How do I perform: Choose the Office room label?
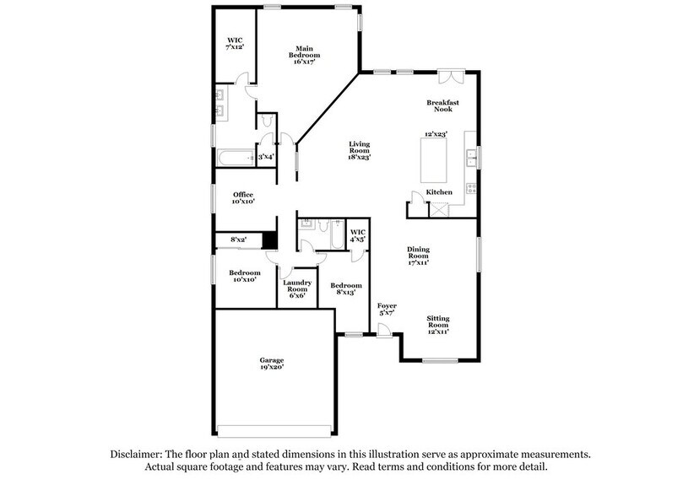(x=243, y=195)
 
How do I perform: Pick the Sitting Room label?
(x=436, y=321)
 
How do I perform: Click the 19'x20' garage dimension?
(x=272, y=369)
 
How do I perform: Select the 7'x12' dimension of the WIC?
(x=235, y=48)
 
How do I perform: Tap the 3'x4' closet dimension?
(x=265, y=157)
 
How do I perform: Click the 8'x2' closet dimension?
(x=239, y=240)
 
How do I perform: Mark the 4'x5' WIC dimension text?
(x=357, y=239)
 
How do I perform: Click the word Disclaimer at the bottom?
(x=141, y=453)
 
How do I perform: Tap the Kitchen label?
(x=439, y=193)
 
